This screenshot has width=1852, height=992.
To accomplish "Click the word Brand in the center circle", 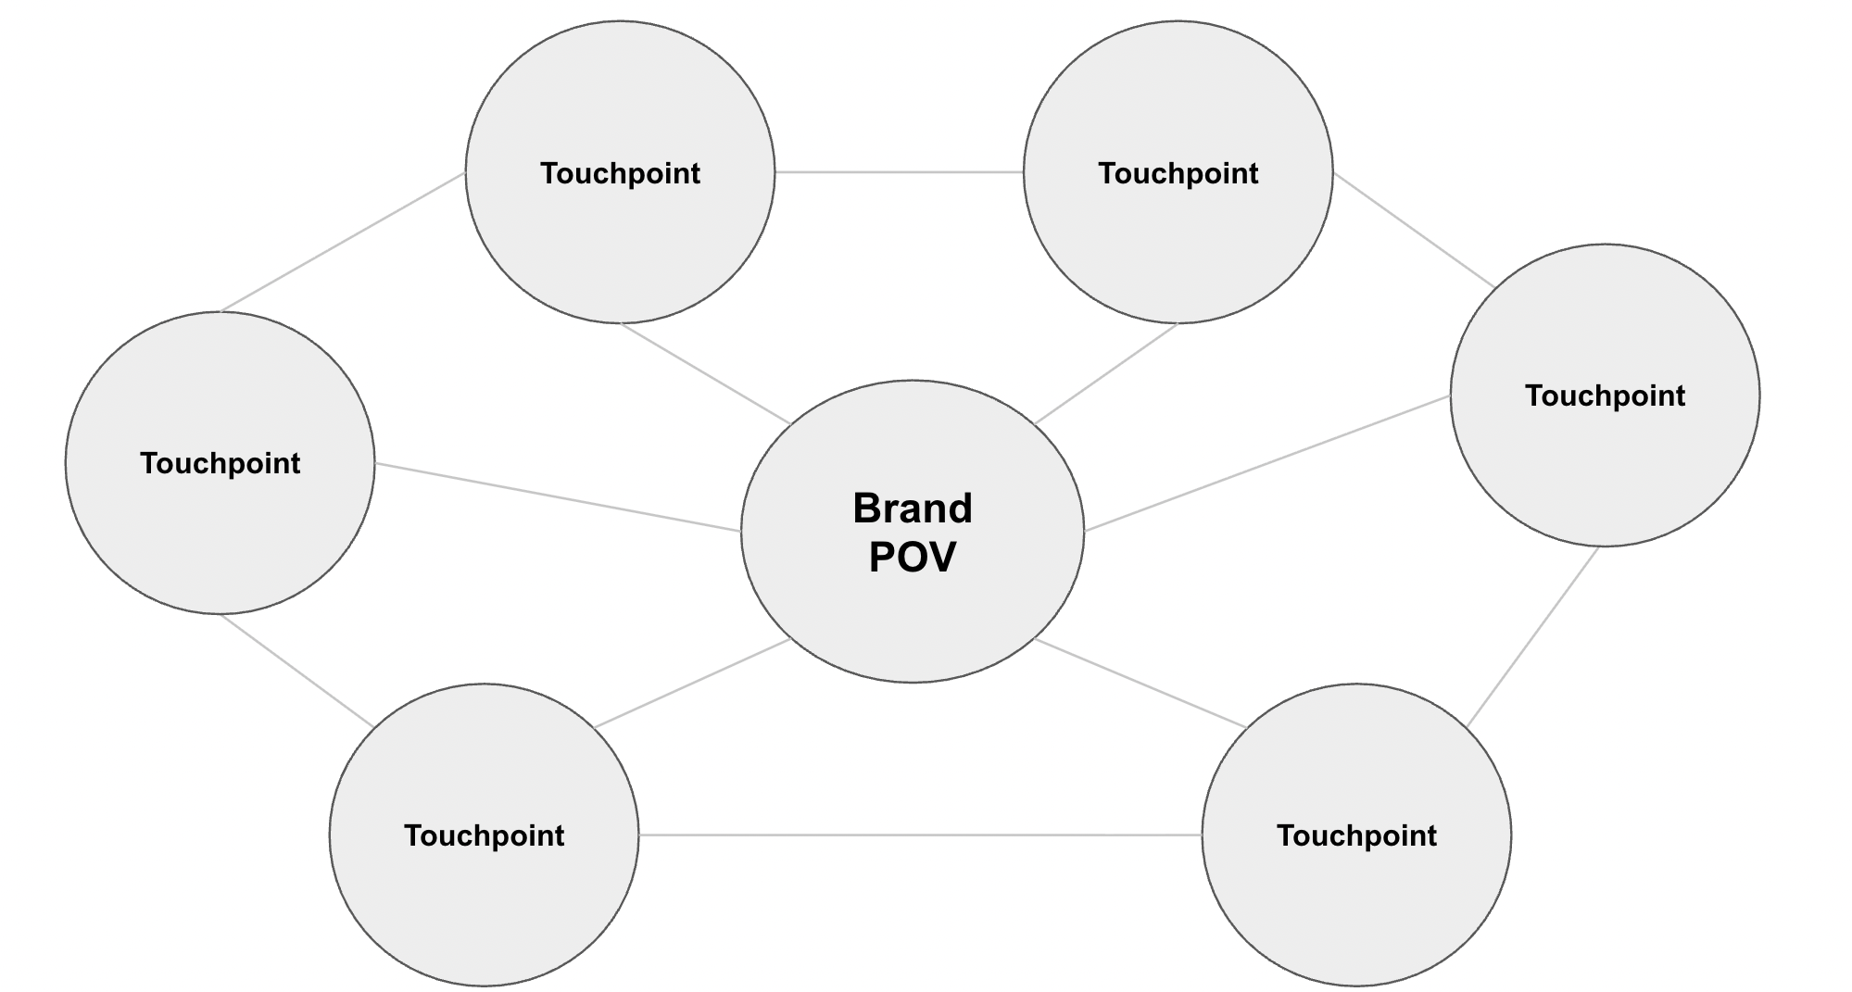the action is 912,509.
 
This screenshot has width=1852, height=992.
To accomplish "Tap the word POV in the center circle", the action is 912,558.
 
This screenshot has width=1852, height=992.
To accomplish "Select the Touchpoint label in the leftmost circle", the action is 220,463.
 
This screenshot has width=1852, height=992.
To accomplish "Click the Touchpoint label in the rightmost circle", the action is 1605,396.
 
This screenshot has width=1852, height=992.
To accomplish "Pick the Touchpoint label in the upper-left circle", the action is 620,173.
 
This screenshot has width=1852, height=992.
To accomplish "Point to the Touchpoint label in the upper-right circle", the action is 1178,173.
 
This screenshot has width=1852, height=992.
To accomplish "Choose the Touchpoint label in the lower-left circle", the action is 484,835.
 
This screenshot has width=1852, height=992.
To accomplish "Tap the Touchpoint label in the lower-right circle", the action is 1356,835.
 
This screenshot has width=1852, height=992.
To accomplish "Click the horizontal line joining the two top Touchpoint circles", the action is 899,172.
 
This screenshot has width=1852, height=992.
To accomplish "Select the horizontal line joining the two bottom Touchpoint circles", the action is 920,835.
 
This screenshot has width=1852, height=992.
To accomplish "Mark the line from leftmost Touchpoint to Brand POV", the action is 558,497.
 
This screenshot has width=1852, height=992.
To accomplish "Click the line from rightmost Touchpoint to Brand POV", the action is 1267,463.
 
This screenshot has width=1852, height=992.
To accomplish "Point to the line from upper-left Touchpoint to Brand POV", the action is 706,374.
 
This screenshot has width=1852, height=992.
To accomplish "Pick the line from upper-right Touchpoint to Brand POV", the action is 1106,374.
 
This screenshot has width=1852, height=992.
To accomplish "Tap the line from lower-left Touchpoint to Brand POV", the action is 693,683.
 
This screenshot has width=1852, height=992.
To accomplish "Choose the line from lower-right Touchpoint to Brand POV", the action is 1141,684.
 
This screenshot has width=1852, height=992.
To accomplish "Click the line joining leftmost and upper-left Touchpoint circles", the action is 343,242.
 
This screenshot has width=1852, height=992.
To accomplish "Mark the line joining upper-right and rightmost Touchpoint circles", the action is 1414,230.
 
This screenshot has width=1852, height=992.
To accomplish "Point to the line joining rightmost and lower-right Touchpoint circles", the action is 1533,637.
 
